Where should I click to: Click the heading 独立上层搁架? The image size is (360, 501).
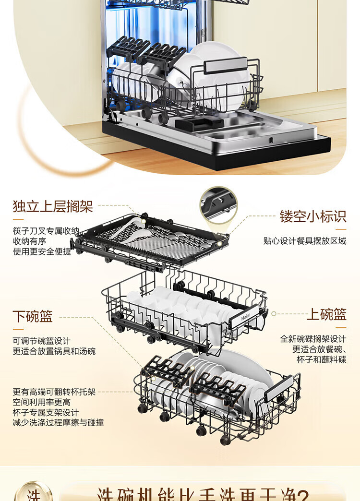click(x=53, y=207)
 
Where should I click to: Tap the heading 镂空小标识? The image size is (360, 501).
click(x=313, y=216)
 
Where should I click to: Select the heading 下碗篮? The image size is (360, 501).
click(x=33, y=316)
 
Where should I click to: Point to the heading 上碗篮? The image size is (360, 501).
click(x=326, y=314)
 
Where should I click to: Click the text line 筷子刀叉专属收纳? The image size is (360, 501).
click(x=46, y=231)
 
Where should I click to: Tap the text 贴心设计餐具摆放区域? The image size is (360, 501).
click(x=304, y=241)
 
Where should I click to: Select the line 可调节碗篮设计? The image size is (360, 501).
click(x=42, y=341)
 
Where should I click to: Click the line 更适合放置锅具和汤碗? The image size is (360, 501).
click(x=54, y=351)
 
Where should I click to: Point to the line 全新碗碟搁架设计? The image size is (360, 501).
click(x=313, y=339)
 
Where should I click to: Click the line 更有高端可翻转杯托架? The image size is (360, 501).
click(x=54, y=392)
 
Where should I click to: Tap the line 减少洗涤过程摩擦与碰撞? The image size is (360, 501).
click(x=58, y=423)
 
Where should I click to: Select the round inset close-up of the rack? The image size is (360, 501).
click(x=218, y=205)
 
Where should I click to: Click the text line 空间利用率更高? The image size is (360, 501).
click(x=42, y=402)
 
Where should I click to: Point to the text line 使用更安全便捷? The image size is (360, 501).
click(x=42, y=251)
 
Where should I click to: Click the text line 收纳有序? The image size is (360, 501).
click(x=29, y=241)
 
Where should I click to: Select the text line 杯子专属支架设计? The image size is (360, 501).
click(x=46, y=413)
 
